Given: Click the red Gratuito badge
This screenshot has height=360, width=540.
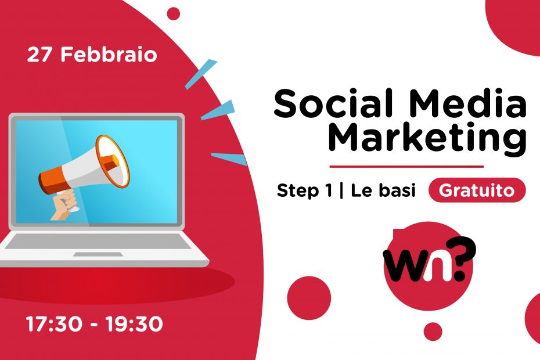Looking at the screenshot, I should click(477, 191).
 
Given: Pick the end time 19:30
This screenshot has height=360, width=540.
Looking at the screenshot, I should click(134, 325).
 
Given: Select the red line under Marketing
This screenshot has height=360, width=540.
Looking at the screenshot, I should click(406, 167).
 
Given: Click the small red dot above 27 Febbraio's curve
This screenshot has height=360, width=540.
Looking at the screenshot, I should click(173, 13).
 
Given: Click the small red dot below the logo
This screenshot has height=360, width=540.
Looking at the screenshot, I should click(433, 332).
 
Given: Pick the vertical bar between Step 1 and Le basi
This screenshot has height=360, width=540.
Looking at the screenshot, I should click(340, 191).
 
